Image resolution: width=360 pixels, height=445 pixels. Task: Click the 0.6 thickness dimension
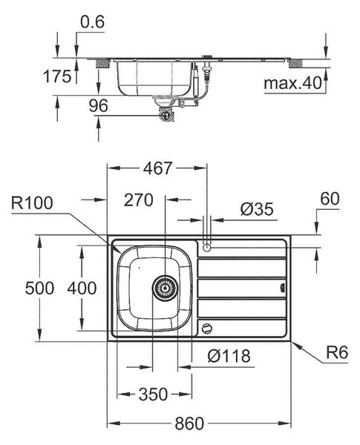click(x=92, y=22)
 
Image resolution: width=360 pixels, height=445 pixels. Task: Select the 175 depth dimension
click(x=57, y=76)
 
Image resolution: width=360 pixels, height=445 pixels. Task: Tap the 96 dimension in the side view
click(x=98, y=105)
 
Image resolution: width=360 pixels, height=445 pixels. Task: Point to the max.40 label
click(x=293, y=83)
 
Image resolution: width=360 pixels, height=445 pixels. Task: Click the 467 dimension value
click(x=157, y=168)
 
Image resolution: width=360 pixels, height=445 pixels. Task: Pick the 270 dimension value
click(x=138, y=200)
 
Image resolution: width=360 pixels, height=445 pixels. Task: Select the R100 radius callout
click(x=32, y=203)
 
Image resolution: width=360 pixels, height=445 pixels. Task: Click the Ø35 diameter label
click(x=257, y=209)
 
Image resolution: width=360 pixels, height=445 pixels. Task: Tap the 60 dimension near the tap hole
click(x=330, y=199)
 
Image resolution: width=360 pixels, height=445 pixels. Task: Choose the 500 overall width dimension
click(x=39, y=288)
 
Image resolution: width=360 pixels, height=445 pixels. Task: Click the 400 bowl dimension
click(x=82, y=288)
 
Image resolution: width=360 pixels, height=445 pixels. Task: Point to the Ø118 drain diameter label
click(x=229, y=356)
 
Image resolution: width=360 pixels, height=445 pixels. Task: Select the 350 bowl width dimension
click(x=153, y=395)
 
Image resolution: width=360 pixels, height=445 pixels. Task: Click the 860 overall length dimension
click(x=189, y=423)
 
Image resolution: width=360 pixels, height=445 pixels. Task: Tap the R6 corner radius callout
click(x=337, y=353)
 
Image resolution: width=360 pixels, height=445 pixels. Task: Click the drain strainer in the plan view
click(x=165, y=289)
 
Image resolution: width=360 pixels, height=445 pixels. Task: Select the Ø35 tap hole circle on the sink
click(x=207, y=248)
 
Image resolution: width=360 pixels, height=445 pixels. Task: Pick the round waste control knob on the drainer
click(x=206, y=329)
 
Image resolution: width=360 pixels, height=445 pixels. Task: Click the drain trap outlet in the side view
click(x=166, y=115)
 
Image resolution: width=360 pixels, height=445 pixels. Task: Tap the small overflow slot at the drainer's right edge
click(x=282, y=288)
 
